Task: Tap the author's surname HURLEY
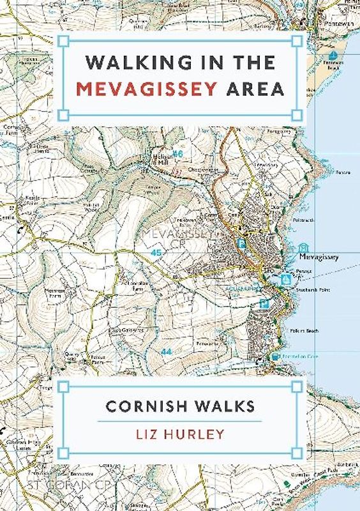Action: [x=199, y=434]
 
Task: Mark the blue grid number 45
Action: [x=156, y=253]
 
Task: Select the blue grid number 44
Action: [x=167, y=352]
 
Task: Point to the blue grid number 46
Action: [x=178, y=154]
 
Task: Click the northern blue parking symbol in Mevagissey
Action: [x=241, y=243]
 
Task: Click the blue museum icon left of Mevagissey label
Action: [x=303, y=247]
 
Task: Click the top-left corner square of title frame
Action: [x=62, y=42]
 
